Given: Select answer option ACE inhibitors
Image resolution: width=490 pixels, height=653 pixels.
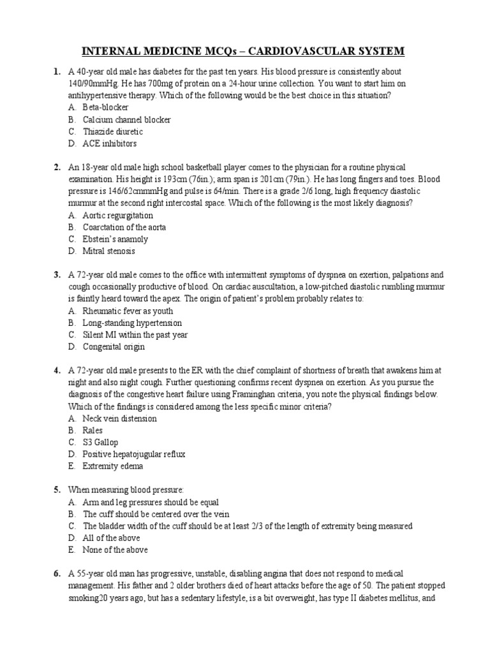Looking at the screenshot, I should (x=109, y=143).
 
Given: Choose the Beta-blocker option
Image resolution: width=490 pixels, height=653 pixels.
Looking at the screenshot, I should (x=105, y=108).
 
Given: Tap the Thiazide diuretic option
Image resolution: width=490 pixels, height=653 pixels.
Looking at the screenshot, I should (x=113, y=131).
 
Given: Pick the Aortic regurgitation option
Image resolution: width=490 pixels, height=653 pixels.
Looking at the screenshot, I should (x=117, y=216).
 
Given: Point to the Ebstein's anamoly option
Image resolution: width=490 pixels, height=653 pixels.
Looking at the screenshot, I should (x=115, y=239).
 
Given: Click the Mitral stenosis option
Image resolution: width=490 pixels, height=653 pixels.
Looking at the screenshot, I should (x=108, y=251).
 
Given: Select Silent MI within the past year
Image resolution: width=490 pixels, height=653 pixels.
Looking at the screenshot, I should (x=135, y=335).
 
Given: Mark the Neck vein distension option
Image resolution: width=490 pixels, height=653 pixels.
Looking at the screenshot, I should (x=119, y=419).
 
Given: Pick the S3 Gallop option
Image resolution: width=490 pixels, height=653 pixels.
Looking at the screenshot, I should (x=100, y=443).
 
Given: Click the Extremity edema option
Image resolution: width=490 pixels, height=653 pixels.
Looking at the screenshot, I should (x=112, y=466).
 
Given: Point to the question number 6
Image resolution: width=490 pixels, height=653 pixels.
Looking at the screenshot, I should (x=57, y=574).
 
